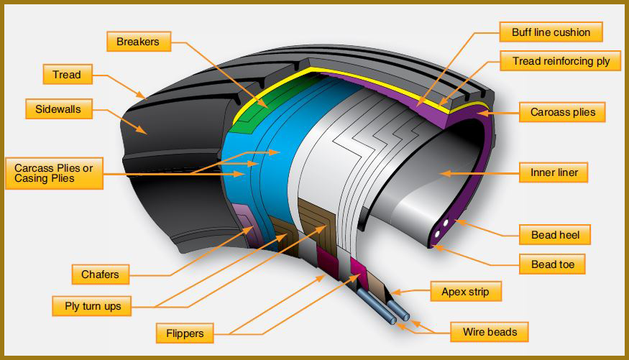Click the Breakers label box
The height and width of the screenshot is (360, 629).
click(x=139, y=41)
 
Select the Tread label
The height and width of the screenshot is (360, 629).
click(x=68, y=74)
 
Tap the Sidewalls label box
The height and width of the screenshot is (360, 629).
click(x=59, y=109)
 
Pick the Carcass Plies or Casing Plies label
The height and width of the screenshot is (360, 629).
click(x=54, y=173)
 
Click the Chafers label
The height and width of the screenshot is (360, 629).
click(x=101, y=274)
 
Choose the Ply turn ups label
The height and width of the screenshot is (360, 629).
click(x=92, y=306)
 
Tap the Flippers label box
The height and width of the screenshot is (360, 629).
click(x=185, y=333)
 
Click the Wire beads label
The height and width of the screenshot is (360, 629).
click(x=490, y=332)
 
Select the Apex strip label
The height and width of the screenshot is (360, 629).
click(x=466, y=292)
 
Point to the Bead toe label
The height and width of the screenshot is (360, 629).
click(x=552, y=264)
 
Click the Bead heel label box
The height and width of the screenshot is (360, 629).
click(x=555, y=234)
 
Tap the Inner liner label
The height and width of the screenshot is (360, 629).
click(x=554, y=172)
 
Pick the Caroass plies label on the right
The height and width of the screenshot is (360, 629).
click(x=562, y=112)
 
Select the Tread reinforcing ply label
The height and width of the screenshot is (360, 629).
click(x=561, y=61)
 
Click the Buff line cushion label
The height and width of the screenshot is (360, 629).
click(x=551, y=32)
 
